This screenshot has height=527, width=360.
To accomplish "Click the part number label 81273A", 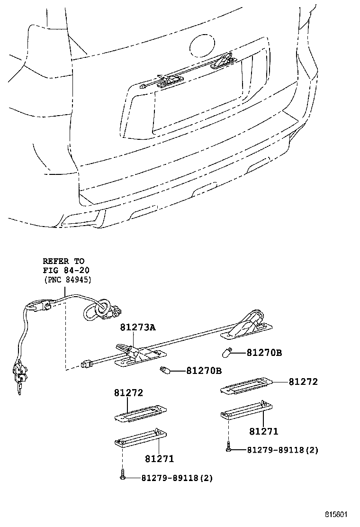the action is tap(138, 327).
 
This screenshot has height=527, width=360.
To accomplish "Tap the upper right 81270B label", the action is tap(264, 353).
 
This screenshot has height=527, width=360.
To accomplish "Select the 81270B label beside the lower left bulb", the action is tap(204, 371).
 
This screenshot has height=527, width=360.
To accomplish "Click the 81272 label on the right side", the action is tap(303, 382).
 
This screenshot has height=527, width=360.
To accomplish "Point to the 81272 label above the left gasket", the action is tap(128, 392).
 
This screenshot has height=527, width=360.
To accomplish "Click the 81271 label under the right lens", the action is tap(264, 431).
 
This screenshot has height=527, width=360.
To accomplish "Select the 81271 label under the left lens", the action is tap(160, 459).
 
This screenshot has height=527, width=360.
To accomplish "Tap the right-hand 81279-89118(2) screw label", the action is tap(283, 450).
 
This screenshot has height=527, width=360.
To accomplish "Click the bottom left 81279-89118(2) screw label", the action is tap(177, 478).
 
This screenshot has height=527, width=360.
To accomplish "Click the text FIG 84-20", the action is tap(66, 270).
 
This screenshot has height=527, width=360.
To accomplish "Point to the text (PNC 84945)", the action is tap(67, 279).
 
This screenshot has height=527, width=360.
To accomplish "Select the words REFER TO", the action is tap(63, 261).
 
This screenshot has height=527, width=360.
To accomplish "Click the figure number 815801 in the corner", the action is tap(335, 514).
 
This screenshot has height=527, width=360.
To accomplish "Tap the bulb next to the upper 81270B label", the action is tap(227, 353).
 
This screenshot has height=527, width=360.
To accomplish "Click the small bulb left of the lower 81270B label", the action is tap(164, 371).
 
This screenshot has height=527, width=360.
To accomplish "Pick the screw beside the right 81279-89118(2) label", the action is tap(229, 448).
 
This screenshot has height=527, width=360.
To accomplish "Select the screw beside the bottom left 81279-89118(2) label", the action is tap(123, 475).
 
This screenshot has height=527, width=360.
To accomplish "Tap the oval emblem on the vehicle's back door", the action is tap(202, 46).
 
